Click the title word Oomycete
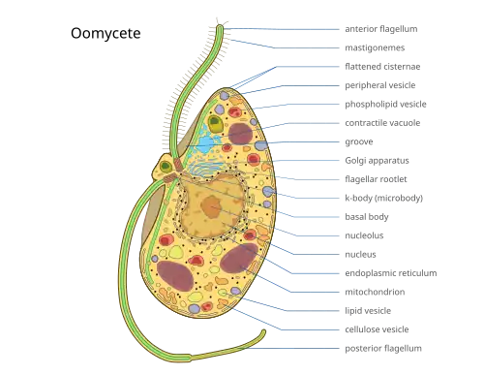pos(106,33)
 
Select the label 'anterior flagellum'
pos(381,29)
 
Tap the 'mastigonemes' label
pos(375,47)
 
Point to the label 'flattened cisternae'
pos(382,67)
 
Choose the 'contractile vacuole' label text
pos(382,123)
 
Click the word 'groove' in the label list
pos(359,142)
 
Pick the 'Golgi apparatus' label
pos(377,161)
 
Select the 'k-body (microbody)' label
pos(383,198)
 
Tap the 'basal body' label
pos(367,217)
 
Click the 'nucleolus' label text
pos(364,235)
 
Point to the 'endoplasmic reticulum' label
pos(391,273)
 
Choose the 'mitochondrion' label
pos(375,292)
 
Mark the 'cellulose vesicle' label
pos(377,329)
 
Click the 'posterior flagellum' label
pos(383,349)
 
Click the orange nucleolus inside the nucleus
pos(211,206)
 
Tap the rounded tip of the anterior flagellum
pos(220,27)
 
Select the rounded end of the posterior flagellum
pos(263,332)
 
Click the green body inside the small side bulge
pos(166,167)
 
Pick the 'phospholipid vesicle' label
pos(385,105)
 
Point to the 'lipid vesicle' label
pos(368,311)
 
